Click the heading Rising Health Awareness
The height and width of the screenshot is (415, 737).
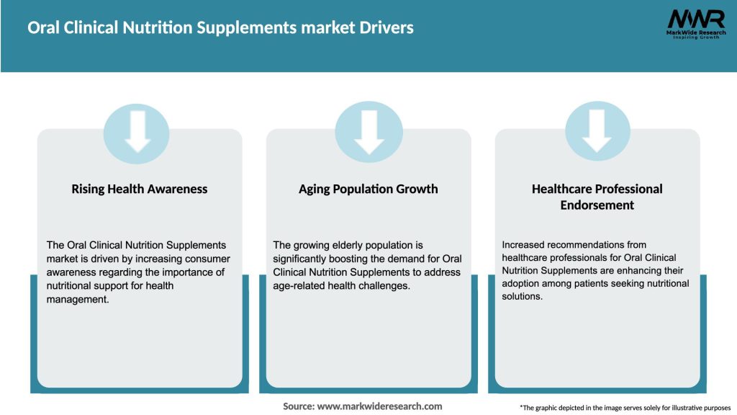139,189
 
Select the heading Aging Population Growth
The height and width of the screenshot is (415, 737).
368,189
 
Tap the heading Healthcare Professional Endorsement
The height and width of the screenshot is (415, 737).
597,197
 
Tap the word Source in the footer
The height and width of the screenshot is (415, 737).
299,406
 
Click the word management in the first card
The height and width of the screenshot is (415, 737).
77,298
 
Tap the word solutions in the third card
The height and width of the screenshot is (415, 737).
522,296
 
